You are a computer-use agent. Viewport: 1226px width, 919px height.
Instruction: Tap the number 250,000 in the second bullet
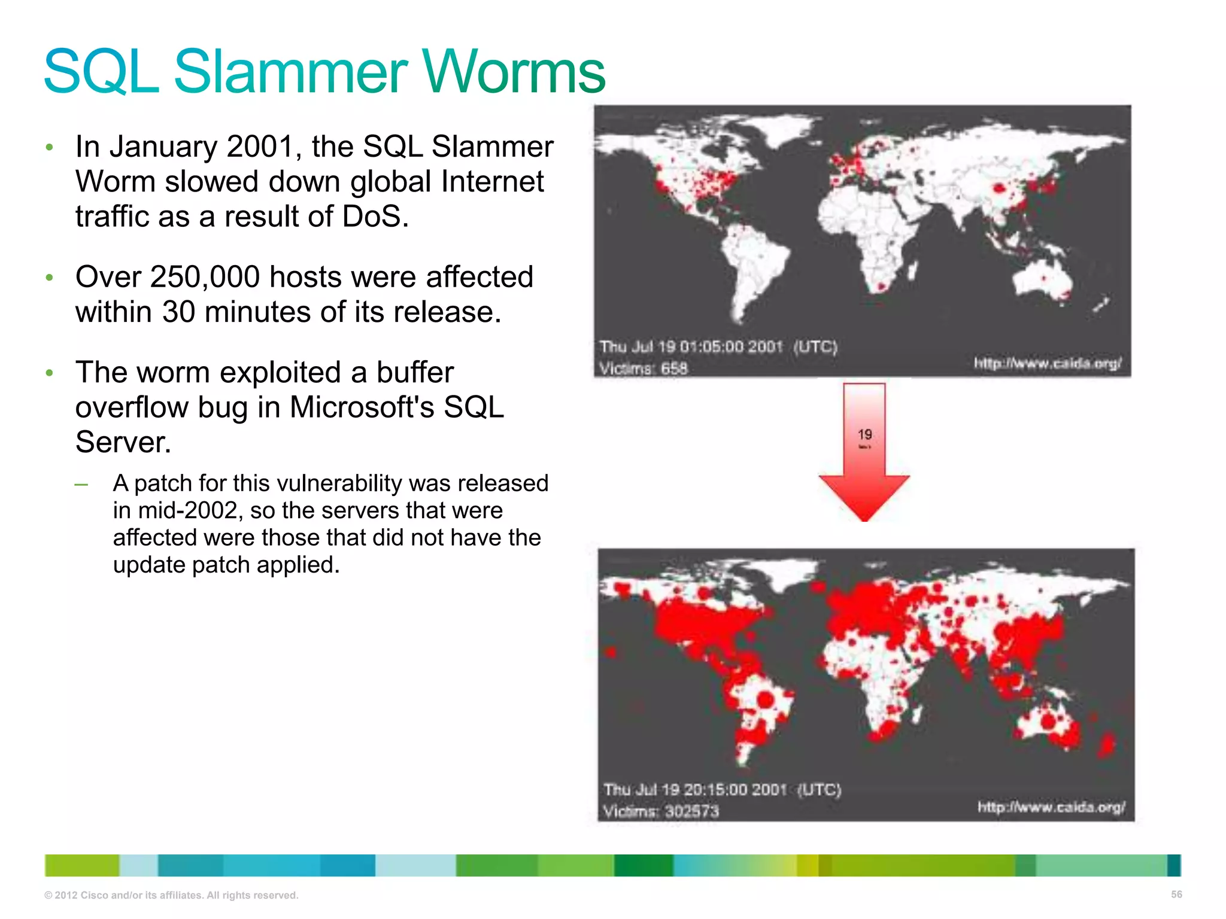coord(205,277)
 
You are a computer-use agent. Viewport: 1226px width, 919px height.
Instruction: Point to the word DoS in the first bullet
coord(375,216)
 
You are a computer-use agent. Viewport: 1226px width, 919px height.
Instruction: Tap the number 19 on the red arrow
coord(864,435)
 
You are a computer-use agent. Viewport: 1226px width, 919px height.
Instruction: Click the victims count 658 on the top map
coord(674,369)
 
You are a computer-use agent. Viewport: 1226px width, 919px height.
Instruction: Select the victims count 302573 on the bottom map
coord(692,811)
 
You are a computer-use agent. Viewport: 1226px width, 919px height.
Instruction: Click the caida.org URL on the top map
coord(1048,363)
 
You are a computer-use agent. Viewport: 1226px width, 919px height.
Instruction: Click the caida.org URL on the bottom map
coord(1051,807)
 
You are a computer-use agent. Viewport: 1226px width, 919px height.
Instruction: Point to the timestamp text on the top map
coord(718,347)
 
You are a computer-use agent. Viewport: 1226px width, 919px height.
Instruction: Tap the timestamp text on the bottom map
coord(722,790)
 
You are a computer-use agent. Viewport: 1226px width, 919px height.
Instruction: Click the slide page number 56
coord(1176,894)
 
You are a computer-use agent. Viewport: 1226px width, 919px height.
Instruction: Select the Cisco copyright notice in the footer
coord(171,895)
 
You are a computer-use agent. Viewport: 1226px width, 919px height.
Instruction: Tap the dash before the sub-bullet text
coord(81,484)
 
